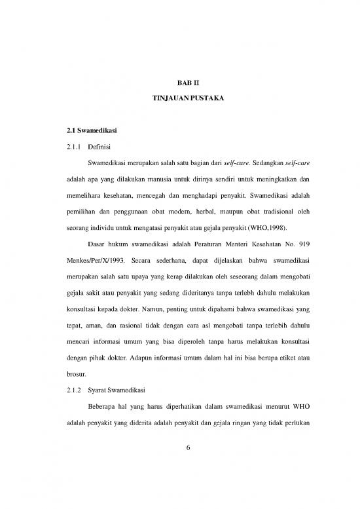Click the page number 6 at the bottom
click(x=179, y=462)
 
